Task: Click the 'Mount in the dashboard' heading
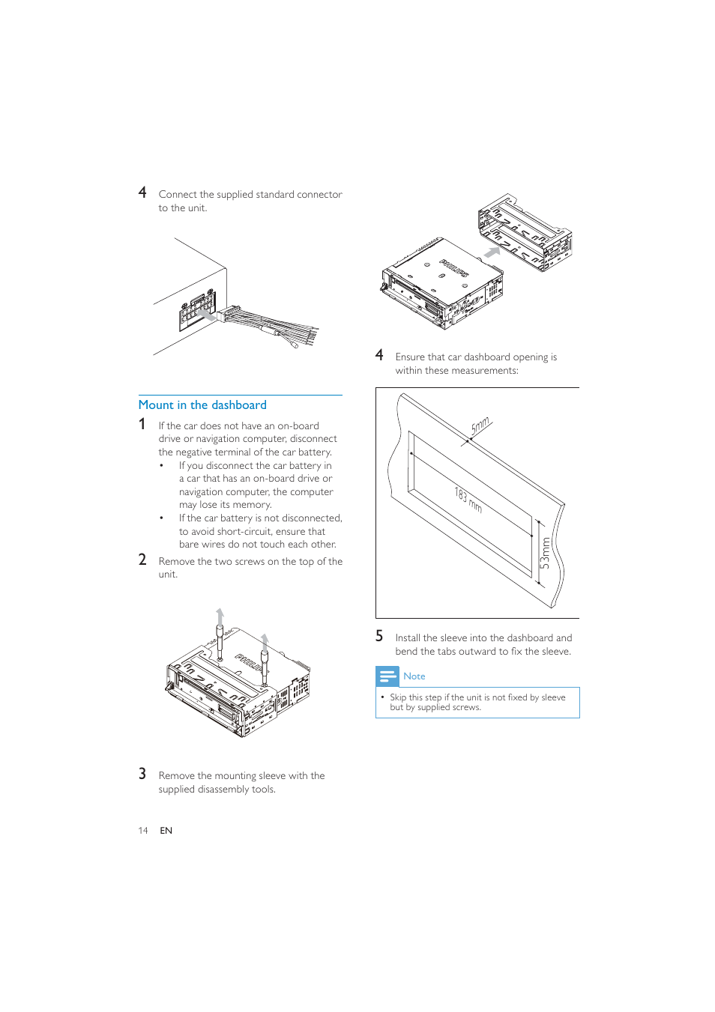pos(202,405)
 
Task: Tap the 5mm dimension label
pos(480,426)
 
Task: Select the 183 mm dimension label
pos(468,500)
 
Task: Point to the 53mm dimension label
pos(545,553)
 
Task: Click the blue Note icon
pos(387,676)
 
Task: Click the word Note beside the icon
pos(414,676)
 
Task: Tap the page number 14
pos(143,831)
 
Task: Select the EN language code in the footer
pos(166,831)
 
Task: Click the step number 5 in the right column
pos(379,636)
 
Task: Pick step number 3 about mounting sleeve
pos(142,774)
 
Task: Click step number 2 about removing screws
pos(142,560)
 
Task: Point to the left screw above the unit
pos(220,637)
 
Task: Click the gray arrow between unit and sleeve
pos(492,252)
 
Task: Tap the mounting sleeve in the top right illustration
pos(525,233)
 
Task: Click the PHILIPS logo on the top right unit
pos(454,268)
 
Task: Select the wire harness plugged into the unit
pos(270,326)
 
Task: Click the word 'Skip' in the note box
pos(398,697)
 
